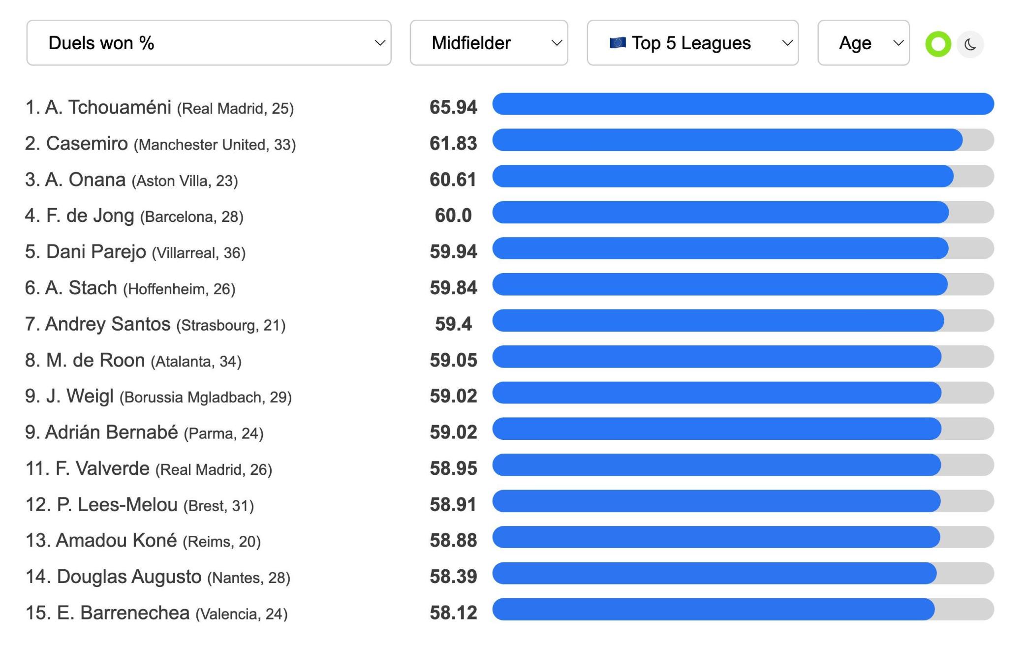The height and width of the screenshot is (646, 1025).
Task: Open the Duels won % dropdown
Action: [209, 43]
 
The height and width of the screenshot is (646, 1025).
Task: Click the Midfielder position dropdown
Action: [489, 43]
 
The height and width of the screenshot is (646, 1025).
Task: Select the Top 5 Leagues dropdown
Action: [692, 43]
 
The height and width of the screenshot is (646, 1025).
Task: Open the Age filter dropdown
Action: [863, 43]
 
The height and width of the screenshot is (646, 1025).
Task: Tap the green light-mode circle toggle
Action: [938, 44]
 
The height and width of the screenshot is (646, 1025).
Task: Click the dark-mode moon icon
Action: [970, 45]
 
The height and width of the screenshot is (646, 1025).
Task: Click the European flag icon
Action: [617, 43]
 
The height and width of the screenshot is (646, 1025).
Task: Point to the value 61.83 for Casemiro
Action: [453, 144]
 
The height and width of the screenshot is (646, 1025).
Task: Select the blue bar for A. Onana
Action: [722, 176]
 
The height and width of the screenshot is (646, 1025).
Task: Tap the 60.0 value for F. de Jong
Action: [453, 215]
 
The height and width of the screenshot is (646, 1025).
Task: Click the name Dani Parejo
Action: [96, 252]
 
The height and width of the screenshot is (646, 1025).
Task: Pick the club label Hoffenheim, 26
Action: [179, 289]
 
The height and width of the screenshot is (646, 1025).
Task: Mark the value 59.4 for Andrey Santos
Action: [453, 324]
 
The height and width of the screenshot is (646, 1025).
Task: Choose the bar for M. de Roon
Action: [716, 357]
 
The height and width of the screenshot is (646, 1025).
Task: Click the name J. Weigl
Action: [80, 396]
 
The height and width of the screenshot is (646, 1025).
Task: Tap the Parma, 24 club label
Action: [223, 433]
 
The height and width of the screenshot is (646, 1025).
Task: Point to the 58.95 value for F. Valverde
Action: [453, 468]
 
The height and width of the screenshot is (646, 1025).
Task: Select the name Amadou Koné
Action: [116, 540]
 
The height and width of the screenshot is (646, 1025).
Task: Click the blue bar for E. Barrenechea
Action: [713, 609]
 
